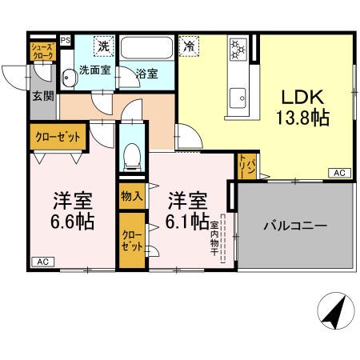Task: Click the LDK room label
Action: pos(302,98)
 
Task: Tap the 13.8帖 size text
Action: pos(302,118)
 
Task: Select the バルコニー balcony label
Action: pos(295,226)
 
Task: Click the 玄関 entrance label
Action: pos(42,96)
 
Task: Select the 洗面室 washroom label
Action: pos(94,70)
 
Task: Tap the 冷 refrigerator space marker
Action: pos(189,46)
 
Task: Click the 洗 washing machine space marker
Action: pos(103,46)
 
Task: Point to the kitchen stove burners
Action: pos(238,49)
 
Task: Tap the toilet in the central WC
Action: pos(132,152)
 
